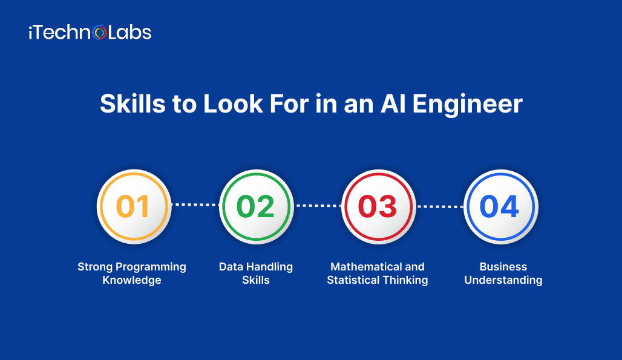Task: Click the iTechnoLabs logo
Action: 90,33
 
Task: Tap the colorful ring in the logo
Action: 100,33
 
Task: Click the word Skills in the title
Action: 133,104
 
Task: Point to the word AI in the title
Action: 393,104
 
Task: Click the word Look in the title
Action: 234,104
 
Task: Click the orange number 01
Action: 133,206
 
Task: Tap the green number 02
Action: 255,206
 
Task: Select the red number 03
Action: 377,206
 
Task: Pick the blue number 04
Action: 499,206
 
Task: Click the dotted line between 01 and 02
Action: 195,205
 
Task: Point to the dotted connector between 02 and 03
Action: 318,205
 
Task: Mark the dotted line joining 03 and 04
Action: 440,206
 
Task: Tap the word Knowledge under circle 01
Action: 132,280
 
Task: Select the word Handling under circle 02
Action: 269,267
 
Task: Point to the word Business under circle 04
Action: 503,266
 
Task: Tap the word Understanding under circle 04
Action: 503,280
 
